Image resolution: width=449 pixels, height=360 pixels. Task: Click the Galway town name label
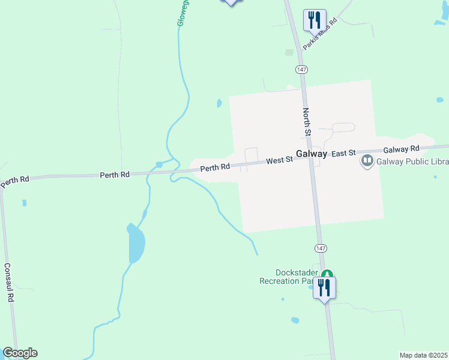311,154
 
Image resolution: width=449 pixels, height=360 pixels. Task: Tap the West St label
279,160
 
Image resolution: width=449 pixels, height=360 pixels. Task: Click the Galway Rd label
400,149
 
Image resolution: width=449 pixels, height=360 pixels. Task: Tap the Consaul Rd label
9,282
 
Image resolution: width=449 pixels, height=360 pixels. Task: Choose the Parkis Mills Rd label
321,33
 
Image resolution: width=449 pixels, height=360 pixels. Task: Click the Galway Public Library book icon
366,161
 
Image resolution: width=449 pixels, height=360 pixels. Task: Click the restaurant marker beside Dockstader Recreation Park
324,287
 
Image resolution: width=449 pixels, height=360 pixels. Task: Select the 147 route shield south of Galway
320,248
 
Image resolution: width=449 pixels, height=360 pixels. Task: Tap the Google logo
20,353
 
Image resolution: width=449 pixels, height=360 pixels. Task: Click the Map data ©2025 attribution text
423,355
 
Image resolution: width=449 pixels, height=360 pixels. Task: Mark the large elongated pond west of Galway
136,244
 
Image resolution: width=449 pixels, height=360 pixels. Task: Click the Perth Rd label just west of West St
215,168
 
